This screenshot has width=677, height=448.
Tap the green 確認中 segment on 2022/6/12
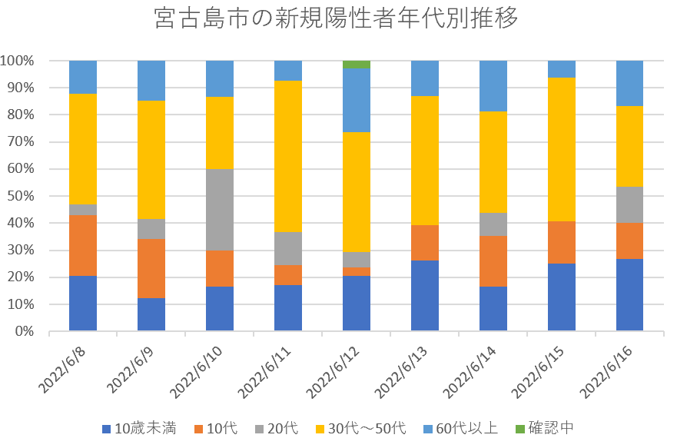pos(356,65)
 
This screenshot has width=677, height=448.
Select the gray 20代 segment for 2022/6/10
pos(220,210)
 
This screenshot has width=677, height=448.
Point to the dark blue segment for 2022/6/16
pos(629,295)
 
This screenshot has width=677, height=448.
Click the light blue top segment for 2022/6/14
pos(493,86)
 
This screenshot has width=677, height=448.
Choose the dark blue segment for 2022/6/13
pos(424,296)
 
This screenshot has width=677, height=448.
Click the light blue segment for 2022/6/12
pos(356,101)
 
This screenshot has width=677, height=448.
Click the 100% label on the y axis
pos(17,61)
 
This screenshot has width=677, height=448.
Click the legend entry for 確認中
pos(545,428)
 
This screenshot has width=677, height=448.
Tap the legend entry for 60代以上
pos(465,428)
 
